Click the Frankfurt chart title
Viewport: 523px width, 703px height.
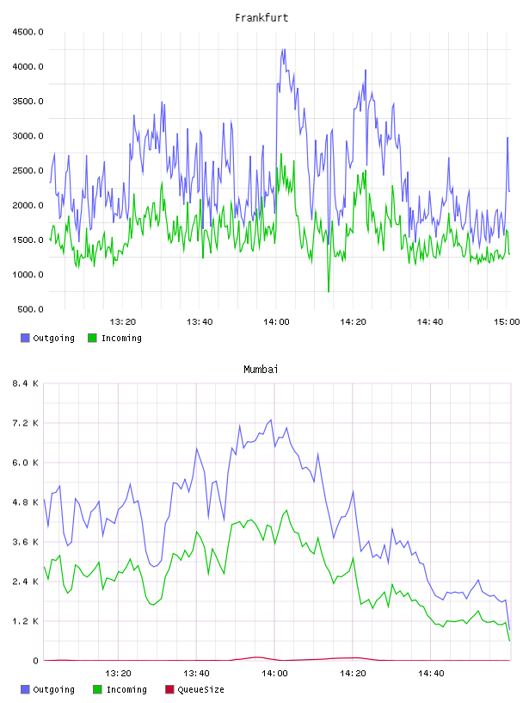pos(261,17)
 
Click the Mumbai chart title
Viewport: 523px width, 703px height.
pos(261,369)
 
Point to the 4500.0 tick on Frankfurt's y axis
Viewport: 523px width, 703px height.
pos(28,32)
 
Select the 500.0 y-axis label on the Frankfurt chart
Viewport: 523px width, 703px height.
pos(30,309)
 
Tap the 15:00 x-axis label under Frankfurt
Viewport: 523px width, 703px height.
pos(507,321)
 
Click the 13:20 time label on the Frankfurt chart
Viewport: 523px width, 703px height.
pos(123,321)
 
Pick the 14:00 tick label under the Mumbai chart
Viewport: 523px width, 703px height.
pos(274,673)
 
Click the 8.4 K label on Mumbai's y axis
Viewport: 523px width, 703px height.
pos(25,383)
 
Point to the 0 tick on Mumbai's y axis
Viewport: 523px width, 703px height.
pos(35,661)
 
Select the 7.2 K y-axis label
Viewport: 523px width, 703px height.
pos(25,423)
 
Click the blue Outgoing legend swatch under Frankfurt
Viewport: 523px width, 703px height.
pos(25,338)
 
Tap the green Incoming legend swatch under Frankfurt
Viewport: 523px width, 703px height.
pos(92,338)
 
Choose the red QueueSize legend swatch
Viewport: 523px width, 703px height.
pos(169,689)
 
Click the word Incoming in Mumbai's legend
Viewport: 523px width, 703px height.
pos(126,689)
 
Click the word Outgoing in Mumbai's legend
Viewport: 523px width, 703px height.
pos(53,689)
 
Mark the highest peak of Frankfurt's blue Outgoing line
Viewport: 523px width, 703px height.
pos(283,49)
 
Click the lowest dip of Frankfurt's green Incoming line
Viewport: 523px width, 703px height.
pos(329,291)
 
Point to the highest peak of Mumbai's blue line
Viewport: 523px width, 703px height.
pos(271,420)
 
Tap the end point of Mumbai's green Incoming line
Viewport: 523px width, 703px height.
pos(509,640)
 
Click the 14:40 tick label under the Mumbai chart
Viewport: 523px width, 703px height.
pos(431,673)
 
